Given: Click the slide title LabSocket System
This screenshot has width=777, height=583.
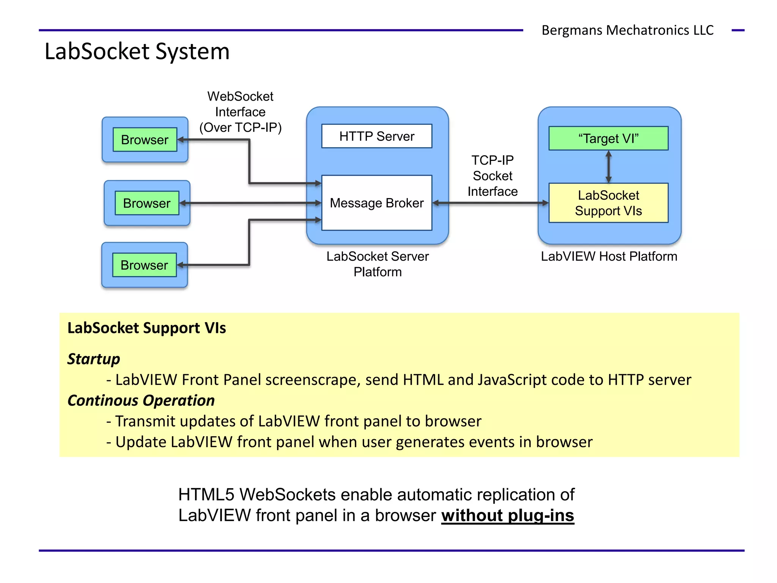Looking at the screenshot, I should (137, 52).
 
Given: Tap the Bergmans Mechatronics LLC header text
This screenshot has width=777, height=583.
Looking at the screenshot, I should (627, 30).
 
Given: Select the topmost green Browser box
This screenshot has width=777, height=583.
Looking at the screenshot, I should (145, 140).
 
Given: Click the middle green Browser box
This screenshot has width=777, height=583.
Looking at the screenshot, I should (147, 203).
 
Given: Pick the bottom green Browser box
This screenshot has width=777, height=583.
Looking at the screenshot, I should (144, 265).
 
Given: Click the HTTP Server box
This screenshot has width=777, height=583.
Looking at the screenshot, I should (376, 136).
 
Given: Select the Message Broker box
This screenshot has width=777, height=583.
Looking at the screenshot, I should (376, 203).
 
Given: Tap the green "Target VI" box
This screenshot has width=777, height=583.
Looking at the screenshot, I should (608, 139).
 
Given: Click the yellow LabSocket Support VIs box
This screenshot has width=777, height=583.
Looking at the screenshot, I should (608, 203).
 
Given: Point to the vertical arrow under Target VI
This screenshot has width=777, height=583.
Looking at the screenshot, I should (609, 167).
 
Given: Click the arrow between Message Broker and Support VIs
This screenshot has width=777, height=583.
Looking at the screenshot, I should (491, 203).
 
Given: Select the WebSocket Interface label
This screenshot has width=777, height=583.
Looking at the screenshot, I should (240, 112).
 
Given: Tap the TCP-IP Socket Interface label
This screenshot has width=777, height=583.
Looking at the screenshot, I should (492, 176).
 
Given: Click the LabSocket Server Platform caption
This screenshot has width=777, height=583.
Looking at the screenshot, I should (377, 264).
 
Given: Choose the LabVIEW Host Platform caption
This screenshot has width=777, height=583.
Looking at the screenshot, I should (609, 257).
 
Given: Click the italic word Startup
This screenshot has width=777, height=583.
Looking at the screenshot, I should (94, 359).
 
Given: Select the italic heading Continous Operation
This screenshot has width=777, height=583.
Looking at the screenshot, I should (141, 401).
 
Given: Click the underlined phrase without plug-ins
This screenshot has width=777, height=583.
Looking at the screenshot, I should (508, 515).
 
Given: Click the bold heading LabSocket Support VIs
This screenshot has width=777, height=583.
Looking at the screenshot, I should (146, 328).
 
